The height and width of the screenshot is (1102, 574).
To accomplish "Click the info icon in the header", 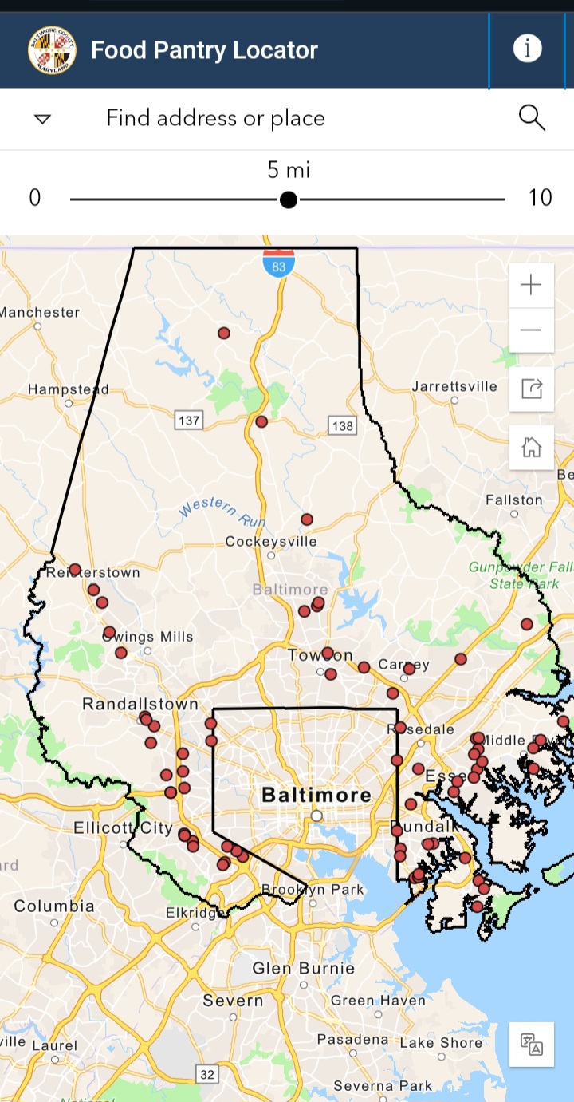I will (x=527, y=49).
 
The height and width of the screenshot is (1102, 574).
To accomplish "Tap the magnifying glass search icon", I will (x=532, y=118).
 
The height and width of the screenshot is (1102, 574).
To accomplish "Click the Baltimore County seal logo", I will (x=52, y=49).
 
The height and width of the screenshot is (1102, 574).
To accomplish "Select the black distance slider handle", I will (x=289, y=199).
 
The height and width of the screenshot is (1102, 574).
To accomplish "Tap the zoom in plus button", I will (x=531, y=285).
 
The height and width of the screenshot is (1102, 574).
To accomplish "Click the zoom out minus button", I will (x=531, y=330).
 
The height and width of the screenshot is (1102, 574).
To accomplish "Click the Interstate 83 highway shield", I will (x=278, y=262).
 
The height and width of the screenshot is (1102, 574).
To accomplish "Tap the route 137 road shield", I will (x=188, y=419).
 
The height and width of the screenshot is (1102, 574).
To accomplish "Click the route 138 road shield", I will (x=342, y=425).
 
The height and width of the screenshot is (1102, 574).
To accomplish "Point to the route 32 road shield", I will (x=207, y=1074).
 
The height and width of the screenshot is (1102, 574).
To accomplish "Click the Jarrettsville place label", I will (x=454, y=387).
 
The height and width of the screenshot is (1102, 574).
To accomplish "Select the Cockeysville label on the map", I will (x=271, y=542).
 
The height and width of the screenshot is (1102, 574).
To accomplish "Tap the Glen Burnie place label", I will (x=304, y=969).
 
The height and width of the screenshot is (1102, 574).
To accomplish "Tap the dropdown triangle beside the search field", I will (x=42, y=119).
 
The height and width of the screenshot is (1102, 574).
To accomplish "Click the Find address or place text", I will (x=215, y=118).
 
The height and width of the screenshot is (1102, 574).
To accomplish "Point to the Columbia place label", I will (x=54, y=906).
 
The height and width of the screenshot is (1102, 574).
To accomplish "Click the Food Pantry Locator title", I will (x=204, y=50).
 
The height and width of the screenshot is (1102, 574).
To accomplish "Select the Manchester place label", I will (x=40, y=312).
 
